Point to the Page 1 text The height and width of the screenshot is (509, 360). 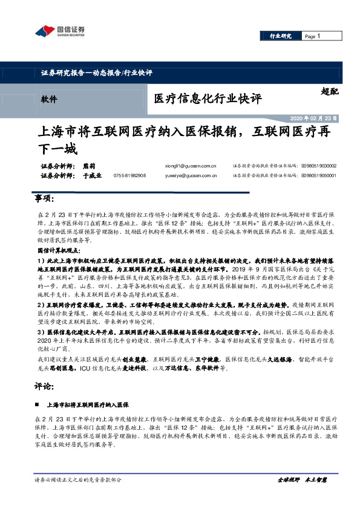[x=312, y=36]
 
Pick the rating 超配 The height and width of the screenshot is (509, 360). [x=330, y=92]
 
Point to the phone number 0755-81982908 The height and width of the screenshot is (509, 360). [x=129, y=176]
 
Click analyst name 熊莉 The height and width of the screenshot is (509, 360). [x=88, y=165]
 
